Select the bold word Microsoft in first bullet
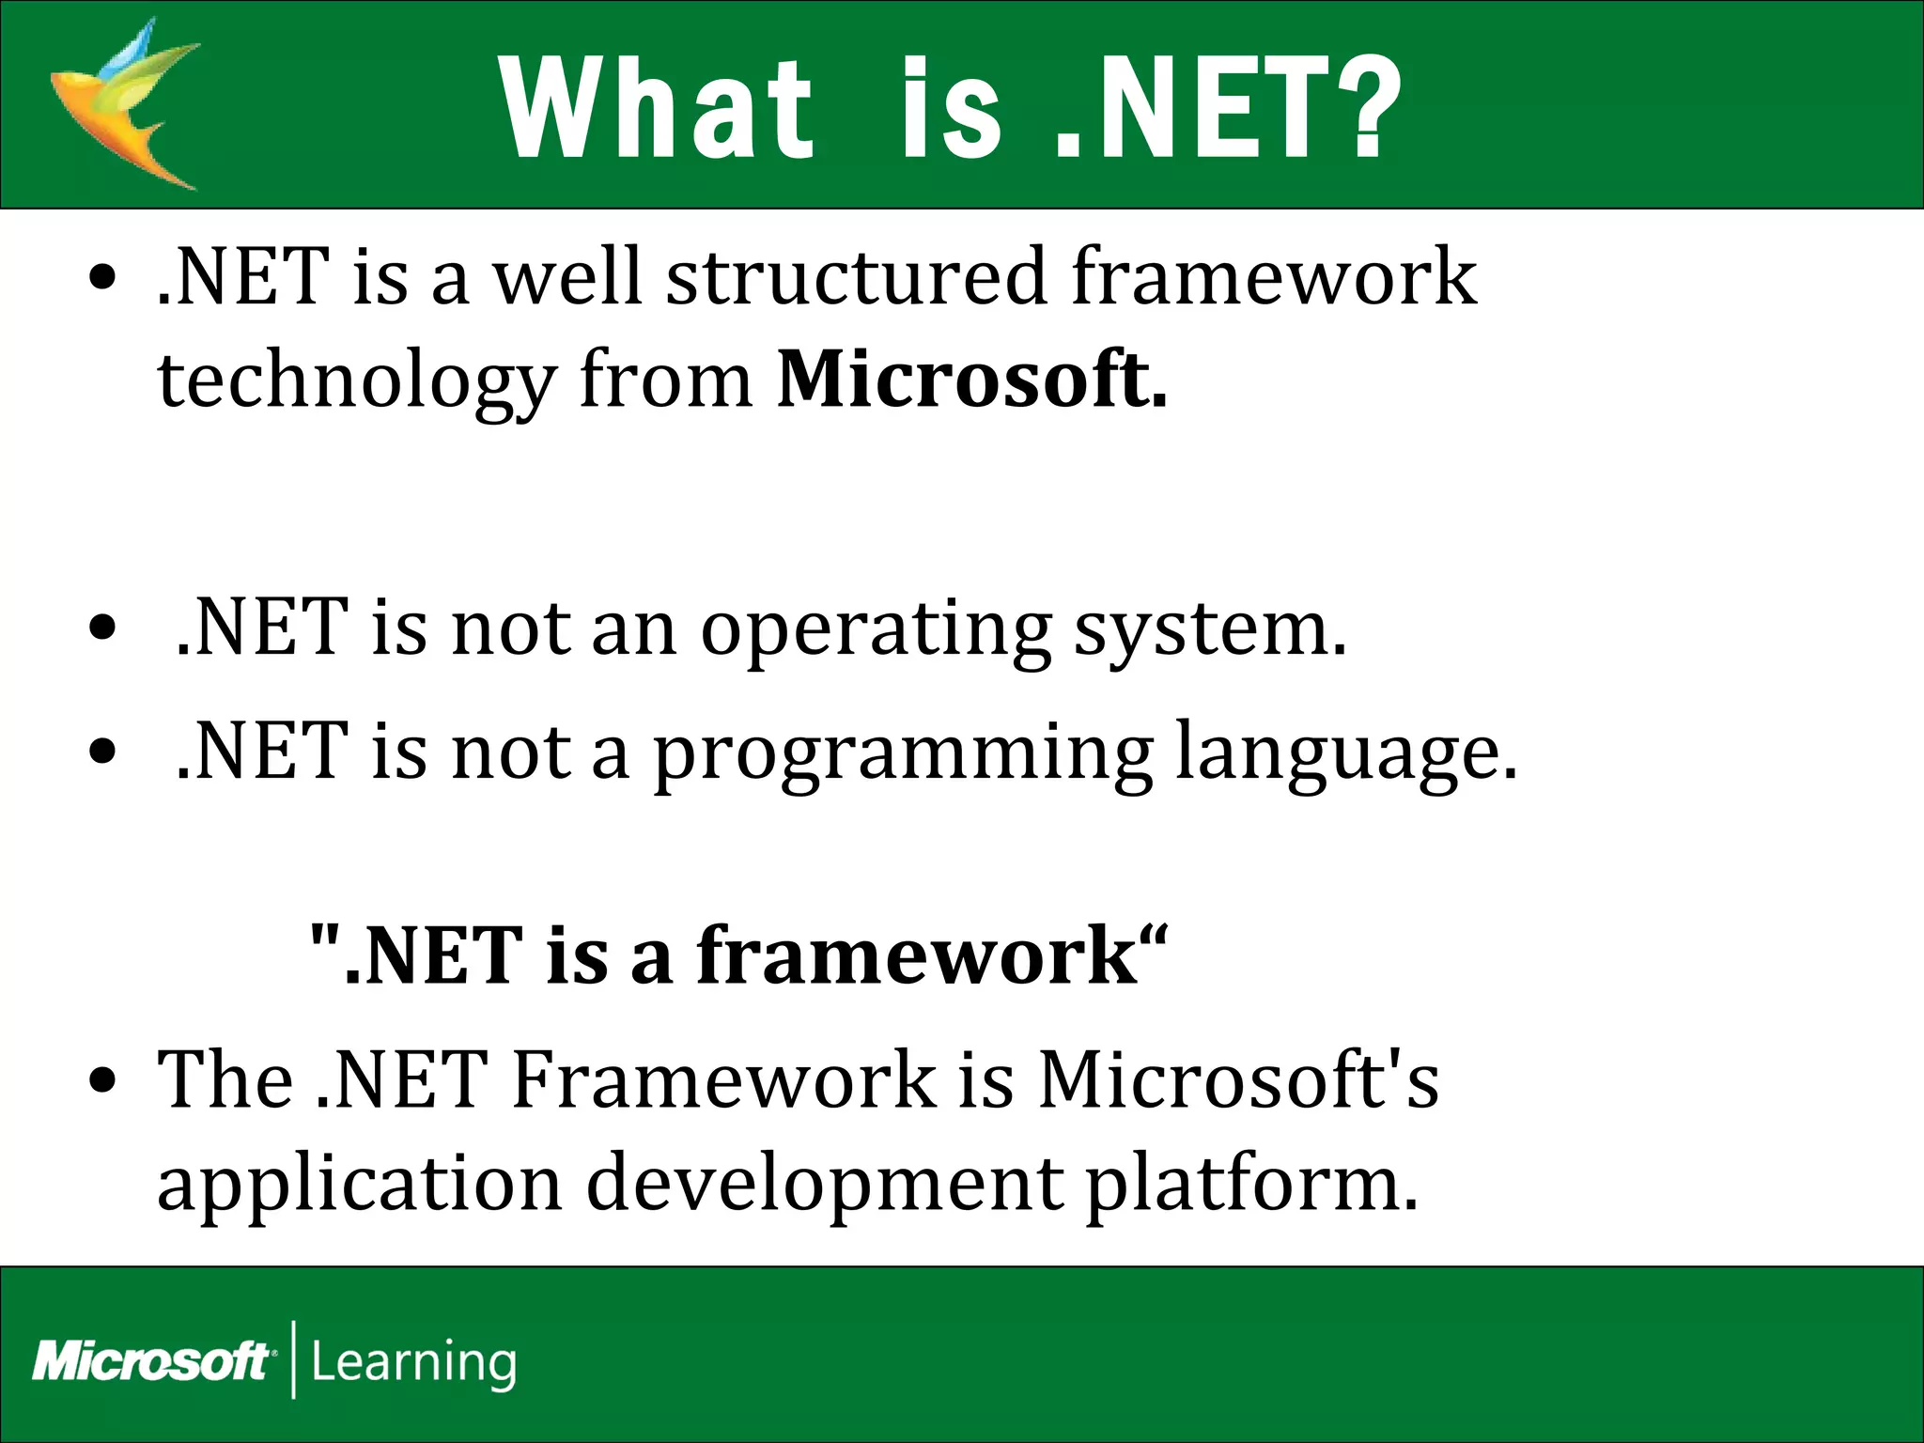tap(971, 380)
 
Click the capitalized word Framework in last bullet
tap(724, 1080)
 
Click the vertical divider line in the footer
tap(294, 1359)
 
